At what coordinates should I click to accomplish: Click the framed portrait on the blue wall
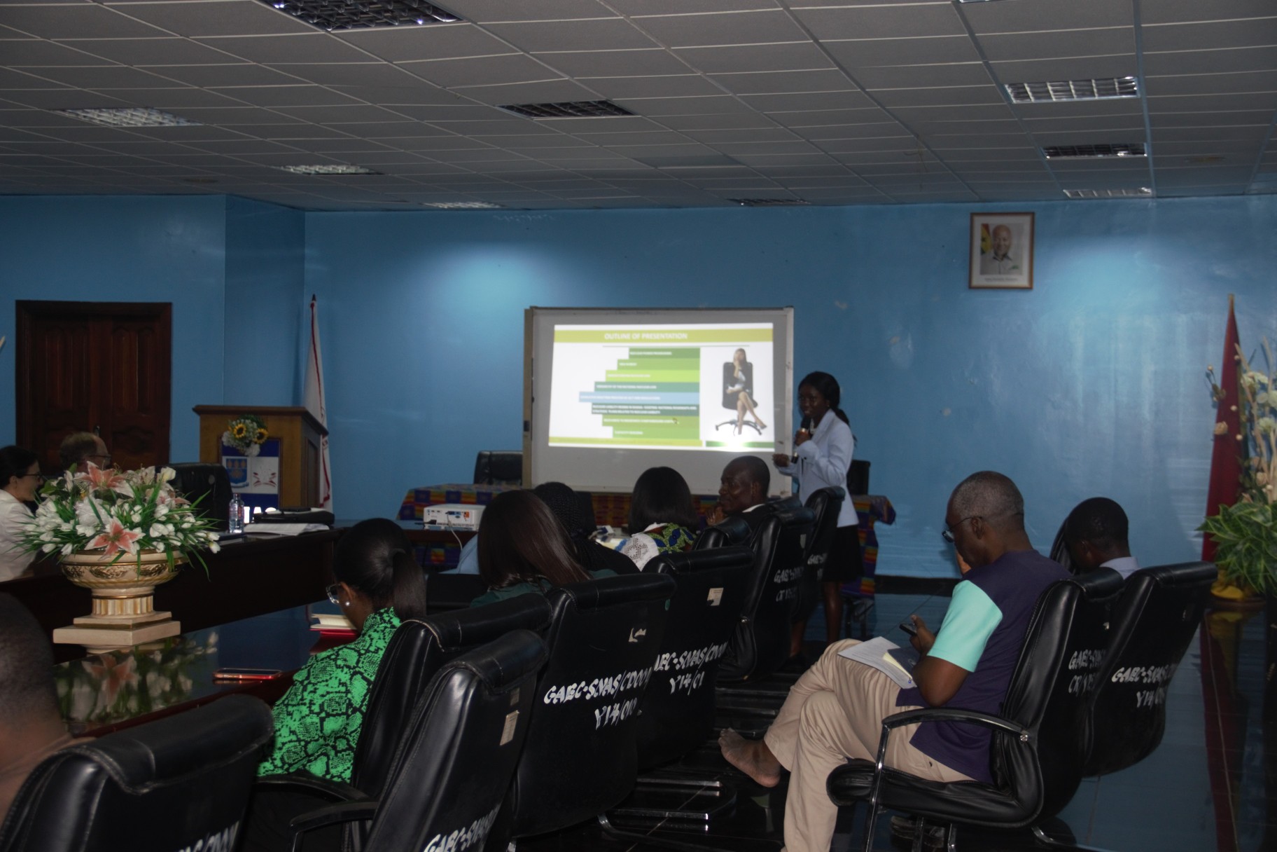point(1001,250)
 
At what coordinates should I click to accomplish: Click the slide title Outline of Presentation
point(645,337)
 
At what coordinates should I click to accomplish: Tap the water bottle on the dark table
point(236,514)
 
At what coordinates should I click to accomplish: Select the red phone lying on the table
point(238,675)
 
